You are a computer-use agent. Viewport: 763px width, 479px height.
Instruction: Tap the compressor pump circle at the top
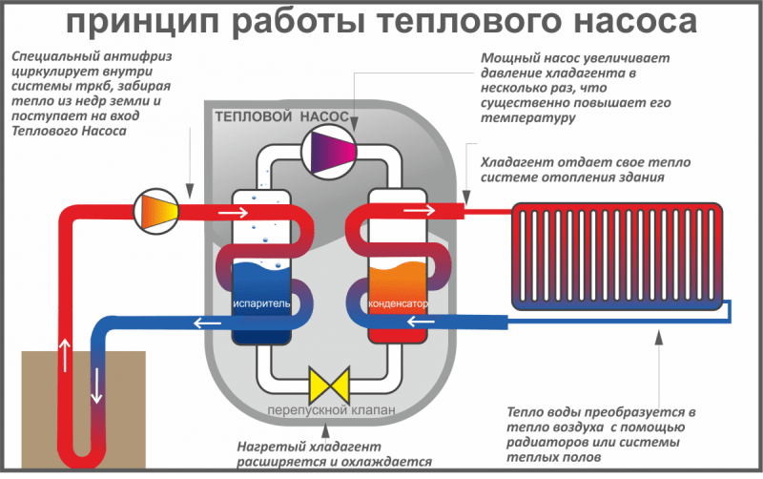coord(327,150)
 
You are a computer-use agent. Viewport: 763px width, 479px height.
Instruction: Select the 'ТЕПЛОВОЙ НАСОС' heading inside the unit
coord(275,116)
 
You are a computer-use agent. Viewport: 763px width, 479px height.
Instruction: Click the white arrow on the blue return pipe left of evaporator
coord(204,323)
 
